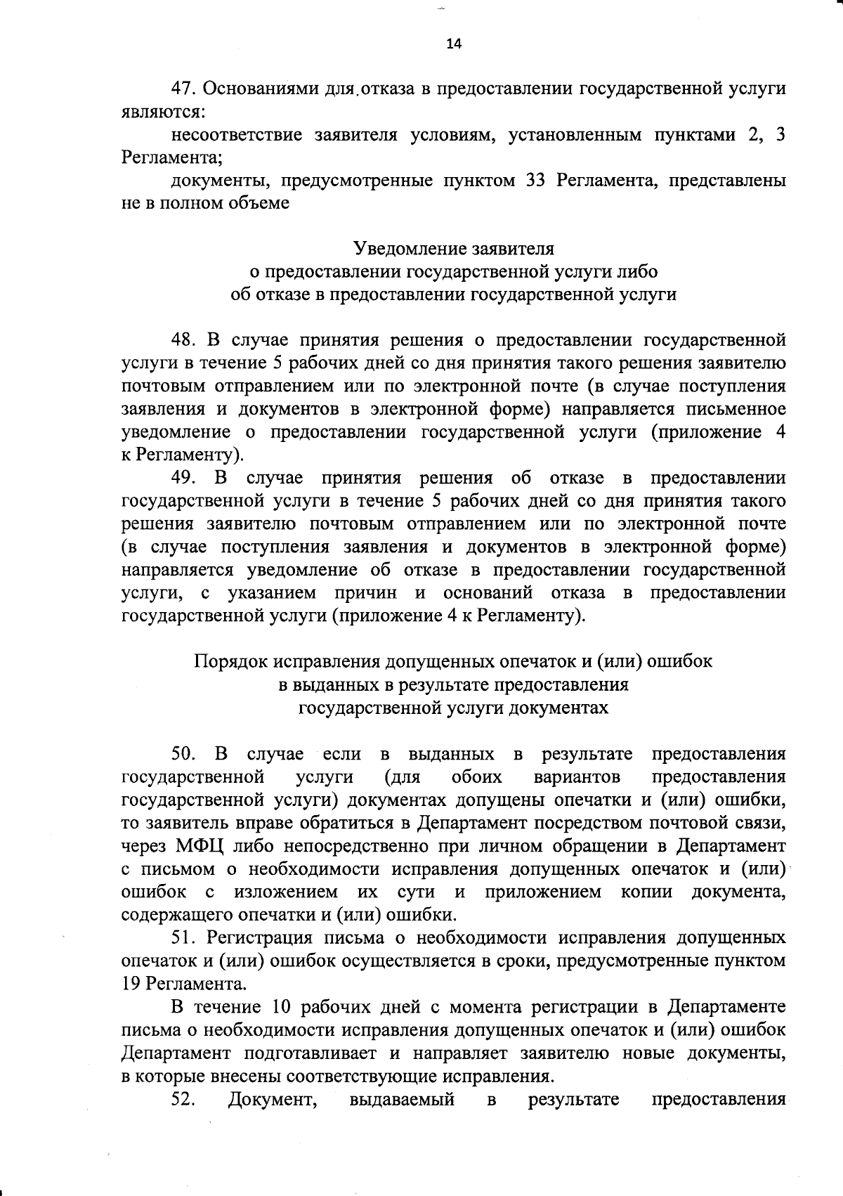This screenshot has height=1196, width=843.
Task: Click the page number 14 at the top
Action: click(454, 44)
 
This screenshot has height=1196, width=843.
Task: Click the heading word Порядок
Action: click(230, 661)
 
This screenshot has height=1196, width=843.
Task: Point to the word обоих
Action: click(477, 777)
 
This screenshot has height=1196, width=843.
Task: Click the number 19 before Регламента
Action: click(131, 983)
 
